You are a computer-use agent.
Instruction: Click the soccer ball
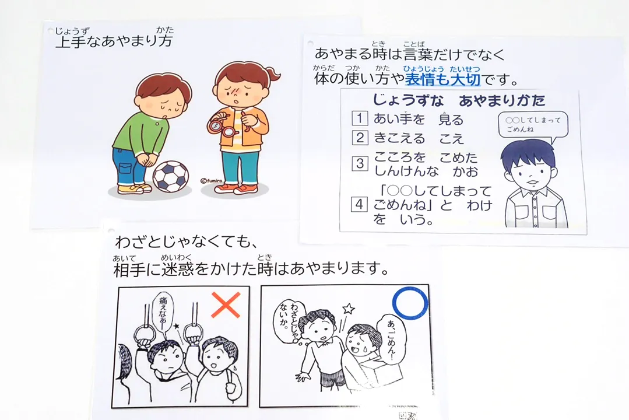pos(171,176)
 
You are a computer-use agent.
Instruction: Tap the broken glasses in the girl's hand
pos(222,125)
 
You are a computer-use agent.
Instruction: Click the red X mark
pos(226,305)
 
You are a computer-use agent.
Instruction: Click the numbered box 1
pos(360,118)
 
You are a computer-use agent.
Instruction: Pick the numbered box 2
pos(360,137)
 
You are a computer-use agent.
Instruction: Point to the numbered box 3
pos(360,163)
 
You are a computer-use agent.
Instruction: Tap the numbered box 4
pos(360,204)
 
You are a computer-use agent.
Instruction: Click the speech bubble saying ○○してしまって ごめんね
pos(533,125)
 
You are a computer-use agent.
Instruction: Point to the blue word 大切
pos(465,79)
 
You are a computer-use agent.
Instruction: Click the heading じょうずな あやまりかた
pos(459,100)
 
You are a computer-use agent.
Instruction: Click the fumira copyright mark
pos(211,181)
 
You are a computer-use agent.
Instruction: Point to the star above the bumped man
pos(348,309)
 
